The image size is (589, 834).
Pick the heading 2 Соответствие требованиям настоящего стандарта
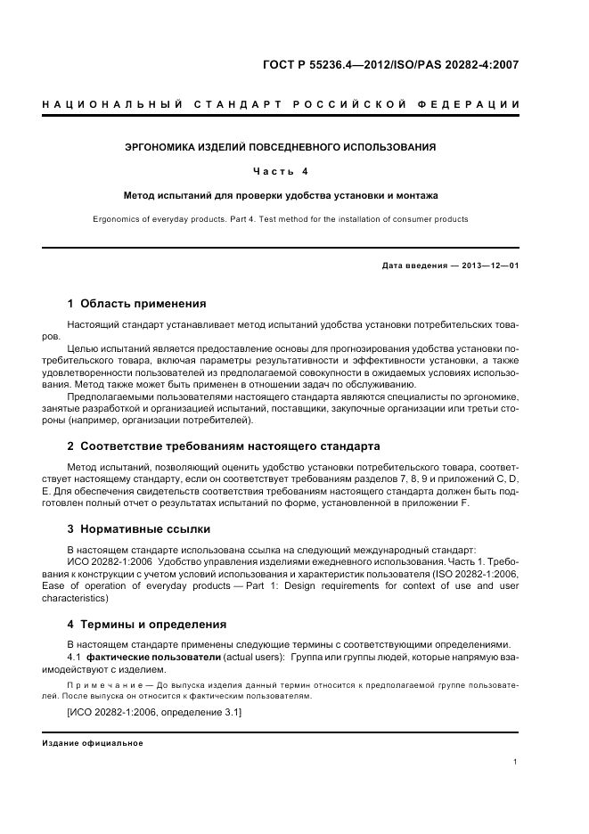(224, 445)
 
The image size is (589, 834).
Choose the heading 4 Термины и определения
(147, 624)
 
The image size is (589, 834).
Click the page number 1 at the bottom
(516, 762)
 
